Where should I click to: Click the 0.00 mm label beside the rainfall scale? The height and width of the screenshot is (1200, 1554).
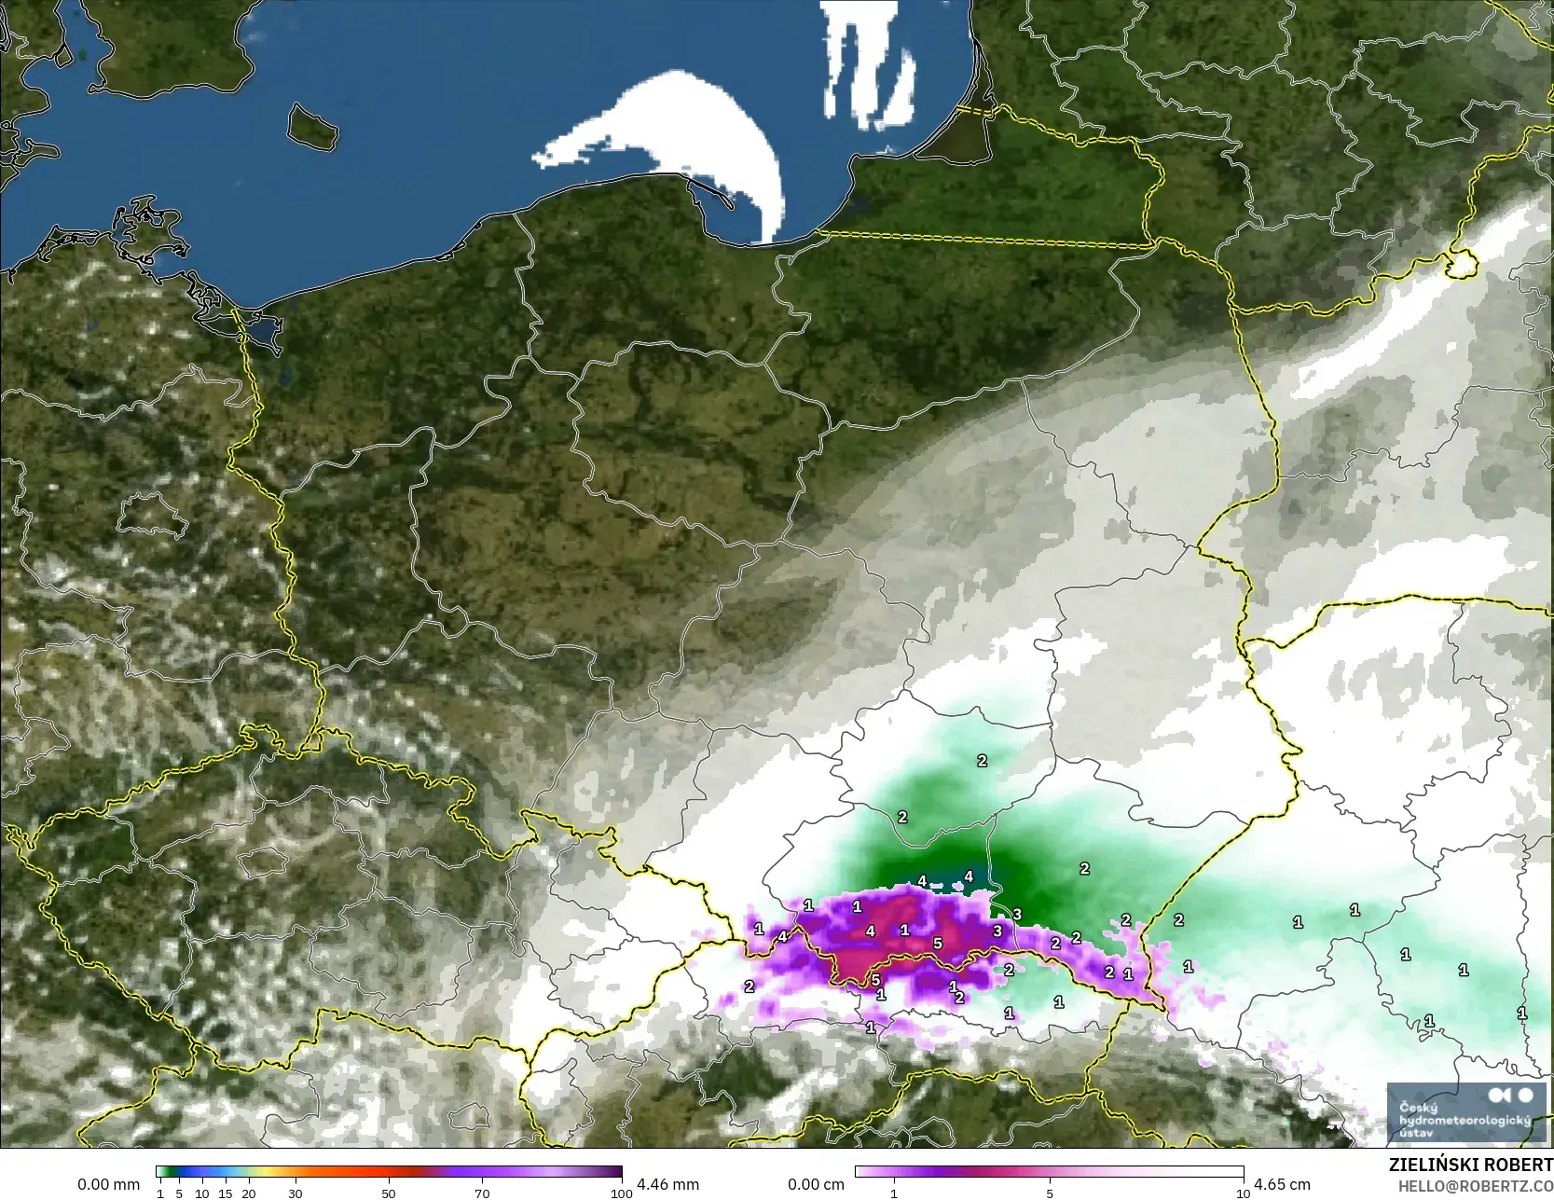click(x=108, y=1184)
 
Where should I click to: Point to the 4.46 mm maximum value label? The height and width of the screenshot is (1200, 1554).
click(x=667, y=1184)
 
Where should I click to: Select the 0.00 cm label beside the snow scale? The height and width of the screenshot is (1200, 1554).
click(x=816, y=1184)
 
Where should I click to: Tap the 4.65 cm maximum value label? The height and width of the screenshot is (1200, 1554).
click(x=1282, y=1184)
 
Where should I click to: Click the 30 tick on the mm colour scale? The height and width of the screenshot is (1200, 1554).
click(x=296, y=1193)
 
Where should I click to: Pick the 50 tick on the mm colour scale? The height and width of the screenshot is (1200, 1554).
click(x=389, y=1193)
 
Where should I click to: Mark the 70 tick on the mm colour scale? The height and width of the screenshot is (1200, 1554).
click(x=482, y=1193)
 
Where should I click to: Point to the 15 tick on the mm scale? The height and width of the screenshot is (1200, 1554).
click(x=226, y=1193)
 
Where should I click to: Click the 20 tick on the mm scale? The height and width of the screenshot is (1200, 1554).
click(x=249, y=1193)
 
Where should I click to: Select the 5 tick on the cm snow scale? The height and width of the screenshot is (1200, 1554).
click(x=1050, y=1193)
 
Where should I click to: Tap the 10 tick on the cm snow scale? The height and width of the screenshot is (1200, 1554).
click(x=1243, y=1193)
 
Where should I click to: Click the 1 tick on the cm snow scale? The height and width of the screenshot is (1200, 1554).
click(x=894, y=1193)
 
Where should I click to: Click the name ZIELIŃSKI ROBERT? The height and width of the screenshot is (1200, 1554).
click(x=1471, y=1166)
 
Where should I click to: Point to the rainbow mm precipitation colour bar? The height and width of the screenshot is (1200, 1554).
click(x=389, y=1172)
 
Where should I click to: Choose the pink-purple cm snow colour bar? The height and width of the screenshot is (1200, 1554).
click(x=1050, y=1172)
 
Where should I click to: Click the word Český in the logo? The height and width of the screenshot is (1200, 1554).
click(x=1414, y=1107)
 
